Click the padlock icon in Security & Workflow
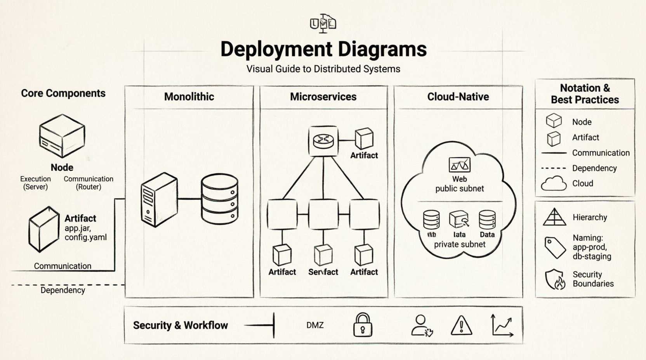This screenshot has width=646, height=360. pyautogui.click(x=363, y=325)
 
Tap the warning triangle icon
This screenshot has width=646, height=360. pyautogui.click(x=461, y=325)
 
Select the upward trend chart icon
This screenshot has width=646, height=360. pyautogui.click(x=502, y=325)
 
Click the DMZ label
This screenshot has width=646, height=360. pyautogui.click(x=315, y=325)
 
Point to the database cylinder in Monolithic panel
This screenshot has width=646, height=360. pyautogui.click(x=219, y=199)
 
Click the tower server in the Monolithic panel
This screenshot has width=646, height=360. pyautogui.click(x=159, y=200)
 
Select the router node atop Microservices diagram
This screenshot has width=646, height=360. pyautogui.click(x=323, y=141)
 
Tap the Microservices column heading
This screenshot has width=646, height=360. pyautogui.click(x=323, y=97)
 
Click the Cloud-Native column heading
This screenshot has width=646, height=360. pyautogui.click(x=458, y=97)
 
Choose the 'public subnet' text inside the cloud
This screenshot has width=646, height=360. pyautogui.click(x=460, y=189)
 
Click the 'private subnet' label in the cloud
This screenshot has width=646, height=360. pyautogui.click(x=460, y=244)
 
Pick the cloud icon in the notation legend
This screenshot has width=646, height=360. pyautogui.click(x=554, y=183)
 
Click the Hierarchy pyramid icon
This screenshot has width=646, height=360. pyautogui.click(x=554, y=217)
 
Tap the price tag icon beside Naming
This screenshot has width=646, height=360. pyautogui.click(x=555, y=247)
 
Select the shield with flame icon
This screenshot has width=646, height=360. pyautogui.click(x=555, y=279)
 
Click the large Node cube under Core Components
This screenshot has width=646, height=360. pyautogui.click(x=62, y=136)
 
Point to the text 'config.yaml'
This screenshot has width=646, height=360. pyautogui.click(x=85, y=237)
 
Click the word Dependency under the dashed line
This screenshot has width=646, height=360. pyautogui.click(x=63, y=290)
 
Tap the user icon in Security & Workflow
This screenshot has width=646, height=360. pyautogui.click(x=421, y=325)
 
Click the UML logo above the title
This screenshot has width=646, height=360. pyautogui.click(x=323, y=23)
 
